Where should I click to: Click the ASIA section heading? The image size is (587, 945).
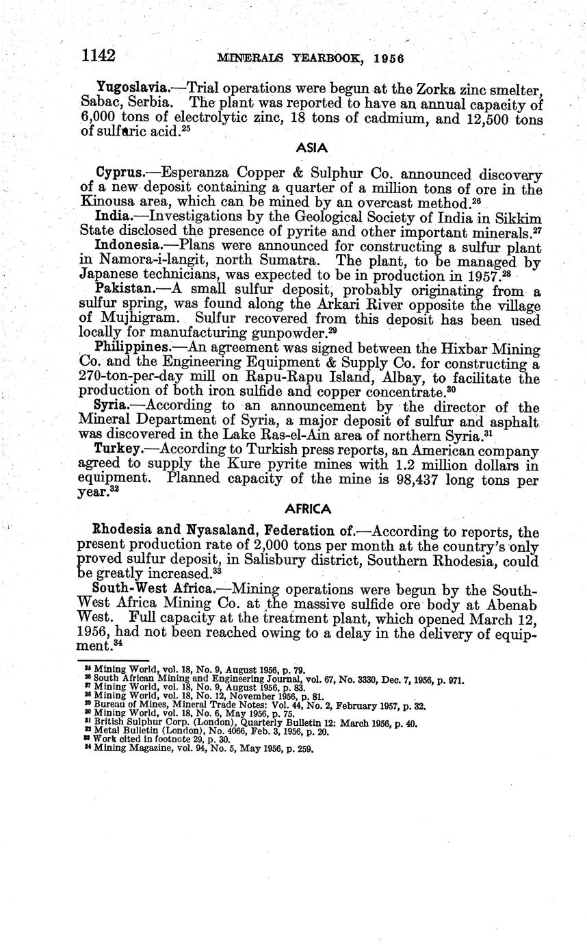point(313,148)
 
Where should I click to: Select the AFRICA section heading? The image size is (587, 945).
point(308,509)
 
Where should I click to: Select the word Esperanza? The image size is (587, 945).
point(194,171)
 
